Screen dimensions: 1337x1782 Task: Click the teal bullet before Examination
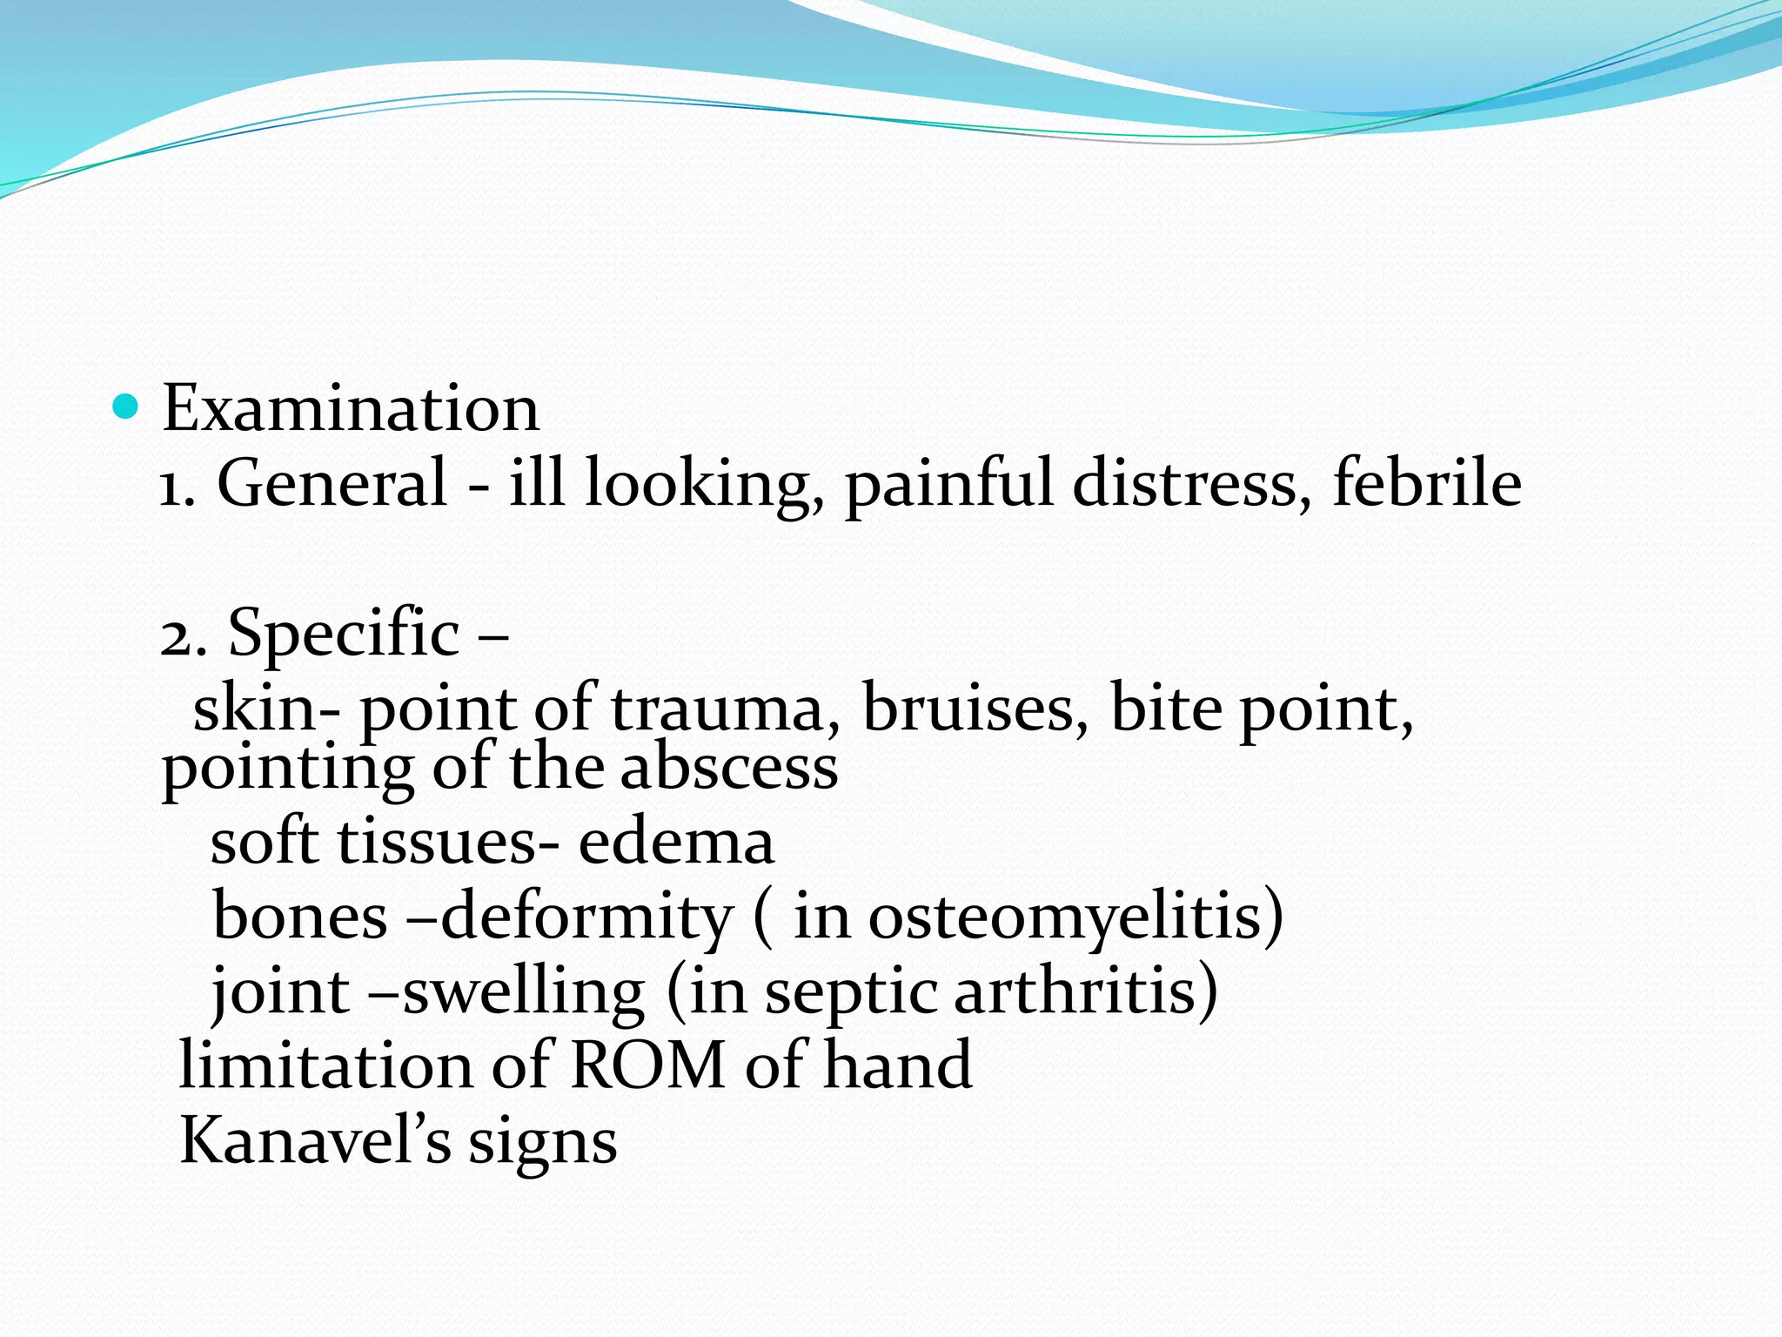126,406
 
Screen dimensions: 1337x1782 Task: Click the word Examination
351,407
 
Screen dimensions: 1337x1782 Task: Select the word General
332,483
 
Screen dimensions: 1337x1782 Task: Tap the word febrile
1427,483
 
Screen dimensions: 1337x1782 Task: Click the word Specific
344,633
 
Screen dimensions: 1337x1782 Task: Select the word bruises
975,709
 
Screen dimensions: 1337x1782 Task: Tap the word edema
676,843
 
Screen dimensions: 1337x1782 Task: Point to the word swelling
524,992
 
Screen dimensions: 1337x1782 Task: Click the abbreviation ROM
648,1065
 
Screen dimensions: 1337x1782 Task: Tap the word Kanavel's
315,1140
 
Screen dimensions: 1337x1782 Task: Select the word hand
898,1065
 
